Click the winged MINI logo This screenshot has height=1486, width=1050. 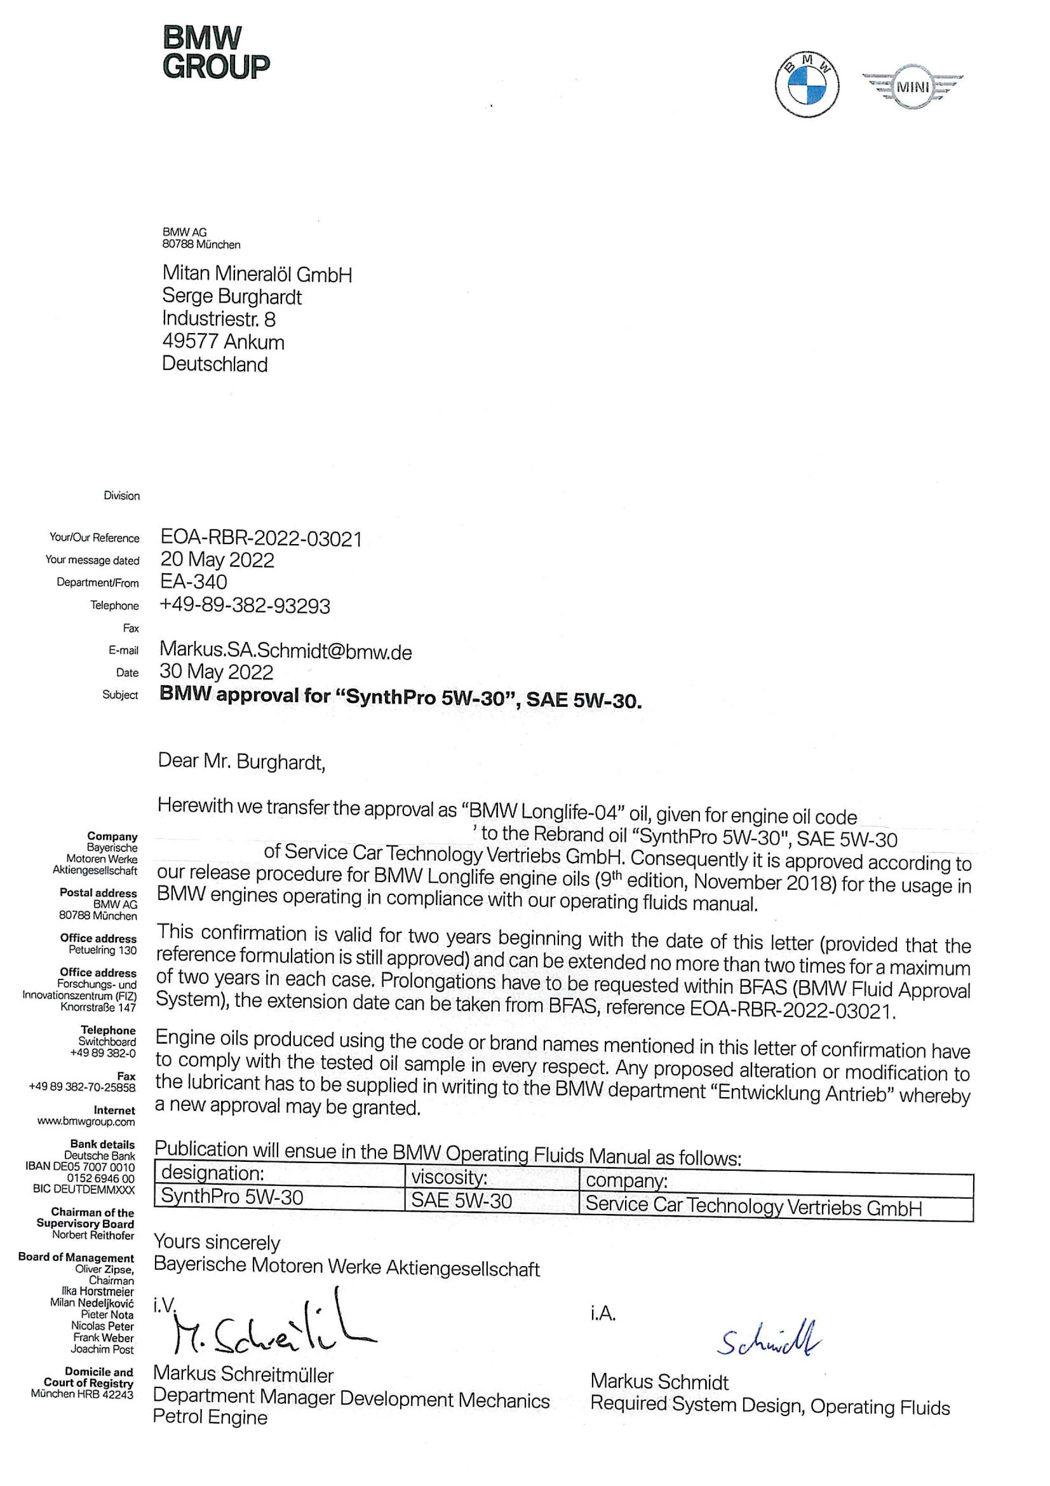[x=912, y=86]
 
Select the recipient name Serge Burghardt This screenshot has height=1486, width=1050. [x=232, y=296]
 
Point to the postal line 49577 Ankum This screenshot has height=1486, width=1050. [x=222, y=341]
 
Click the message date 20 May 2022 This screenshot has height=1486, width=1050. [x=217, y=560]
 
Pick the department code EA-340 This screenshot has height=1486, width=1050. [x=194, y=582]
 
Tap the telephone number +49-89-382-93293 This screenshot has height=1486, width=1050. [x=245, y=606]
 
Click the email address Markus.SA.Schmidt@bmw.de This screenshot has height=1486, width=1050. [x=285, y=650]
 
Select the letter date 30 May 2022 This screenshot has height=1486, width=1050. [x=216, y=672]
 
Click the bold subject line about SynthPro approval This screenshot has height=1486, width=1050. [x=400, y=697]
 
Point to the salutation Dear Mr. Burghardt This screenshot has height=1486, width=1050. [x=241, y=762]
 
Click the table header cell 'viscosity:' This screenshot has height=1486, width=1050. [x=449, y=1177]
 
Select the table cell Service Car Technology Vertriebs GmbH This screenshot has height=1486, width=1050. [x=753, y=1206]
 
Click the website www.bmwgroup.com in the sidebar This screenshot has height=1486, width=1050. [x=86, y=1122]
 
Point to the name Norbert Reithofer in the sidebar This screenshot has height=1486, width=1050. [x=93, y=1235]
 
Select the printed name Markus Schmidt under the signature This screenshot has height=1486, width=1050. [x=659, y=1382]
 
